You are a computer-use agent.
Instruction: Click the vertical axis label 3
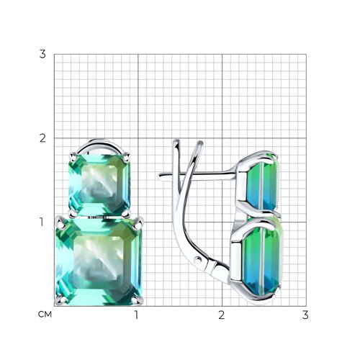(42, 54)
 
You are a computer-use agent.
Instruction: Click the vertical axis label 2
(42, 138)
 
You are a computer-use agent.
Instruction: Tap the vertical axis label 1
(42, 222)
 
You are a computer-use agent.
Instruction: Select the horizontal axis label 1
(137, 315)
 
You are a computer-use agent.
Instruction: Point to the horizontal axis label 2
(222, 315)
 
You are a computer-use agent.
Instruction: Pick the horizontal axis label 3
(305, 315)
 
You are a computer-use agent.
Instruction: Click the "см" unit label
(45, 315)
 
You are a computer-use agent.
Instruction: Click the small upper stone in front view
(99, 185)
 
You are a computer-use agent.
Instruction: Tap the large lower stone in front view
(99, 261)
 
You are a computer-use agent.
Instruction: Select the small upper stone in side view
(263, 181)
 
